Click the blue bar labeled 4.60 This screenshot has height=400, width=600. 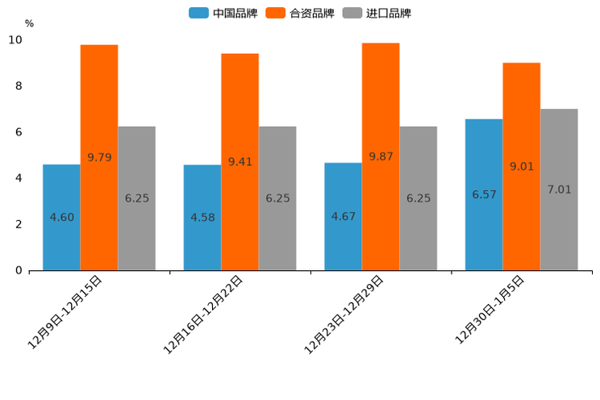point(61,217)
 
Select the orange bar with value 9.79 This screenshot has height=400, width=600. point(99,157)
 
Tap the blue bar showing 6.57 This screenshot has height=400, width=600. point(484,194)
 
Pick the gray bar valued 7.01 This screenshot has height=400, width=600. point(559,190)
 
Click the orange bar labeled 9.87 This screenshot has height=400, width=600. point(381,156)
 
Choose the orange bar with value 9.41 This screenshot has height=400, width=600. point(240,161)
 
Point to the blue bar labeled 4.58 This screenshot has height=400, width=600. point(202,218)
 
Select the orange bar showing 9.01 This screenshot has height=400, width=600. point(521,166)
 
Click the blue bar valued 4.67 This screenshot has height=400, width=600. point(343,216)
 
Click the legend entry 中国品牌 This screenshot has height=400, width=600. point(223,13)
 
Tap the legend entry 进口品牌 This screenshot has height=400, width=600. point(377,13)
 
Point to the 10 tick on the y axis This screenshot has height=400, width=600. point(15,40)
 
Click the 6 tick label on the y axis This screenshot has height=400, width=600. point(19,132)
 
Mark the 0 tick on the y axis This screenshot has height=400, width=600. point(19,270)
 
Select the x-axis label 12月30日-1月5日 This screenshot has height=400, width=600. point(490,309)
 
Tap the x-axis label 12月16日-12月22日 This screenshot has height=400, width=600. point(204,314)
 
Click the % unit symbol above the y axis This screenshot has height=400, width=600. point(29,23)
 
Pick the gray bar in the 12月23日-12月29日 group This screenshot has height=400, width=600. point(418,198)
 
